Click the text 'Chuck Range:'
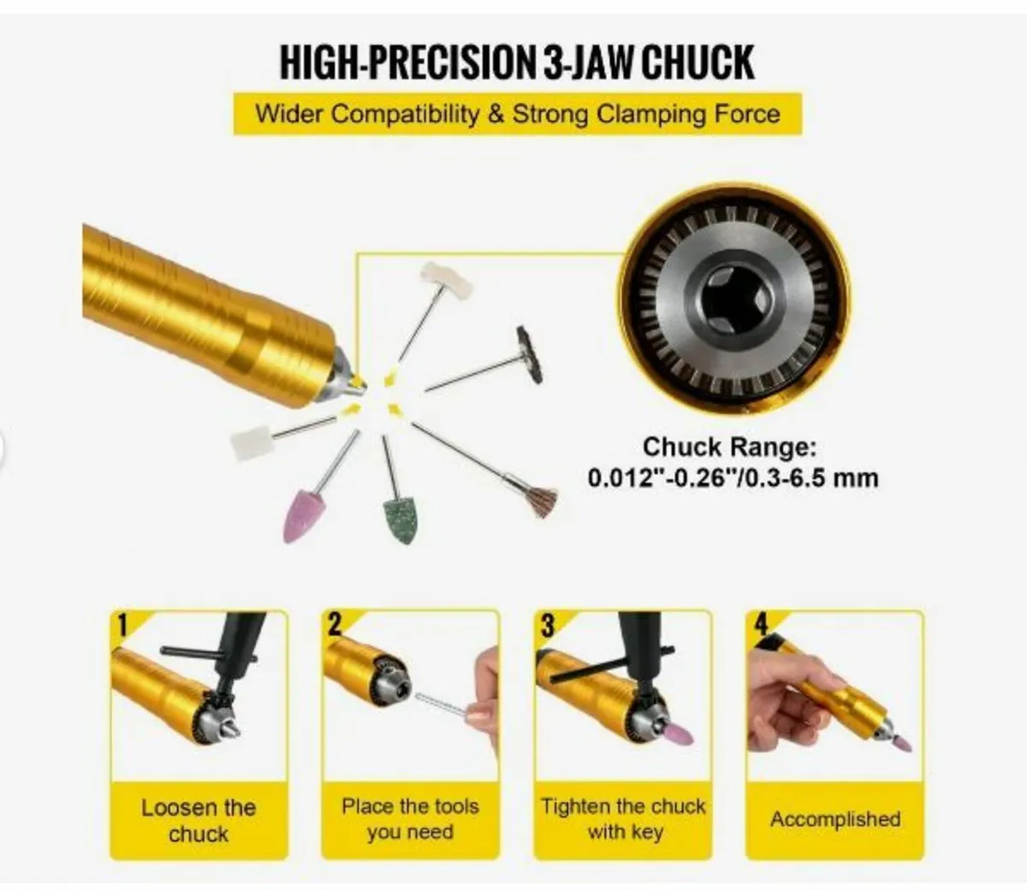click(730, 447)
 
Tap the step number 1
click(122, 624)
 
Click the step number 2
click(334, 624)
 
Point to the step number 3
click(546, 624)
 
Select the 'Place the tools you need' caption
click(410, 818)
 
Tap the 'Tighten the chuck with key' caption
click(624, 818)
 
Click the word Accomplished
click(835, 819)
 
